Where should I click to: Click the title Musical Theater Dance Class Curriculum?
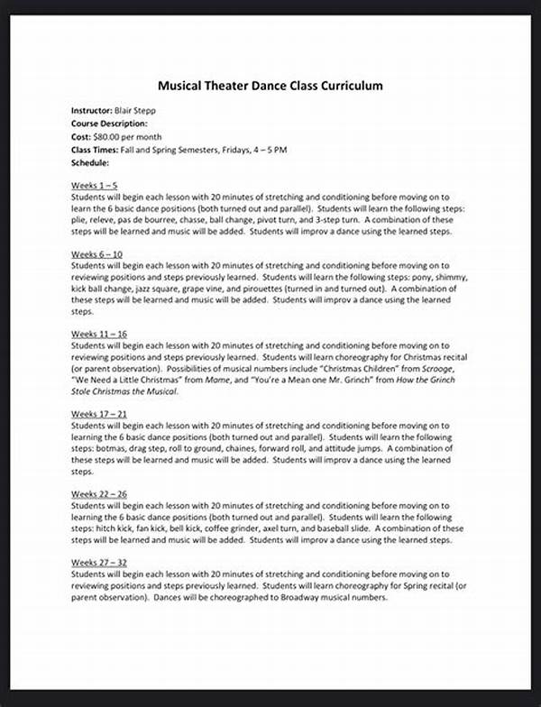[270, 87]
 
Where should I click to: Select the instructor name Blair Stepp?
[132, 109]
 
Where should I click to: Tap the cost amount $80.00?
[106, 134]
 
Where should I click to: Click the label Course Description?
[109, 122]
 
